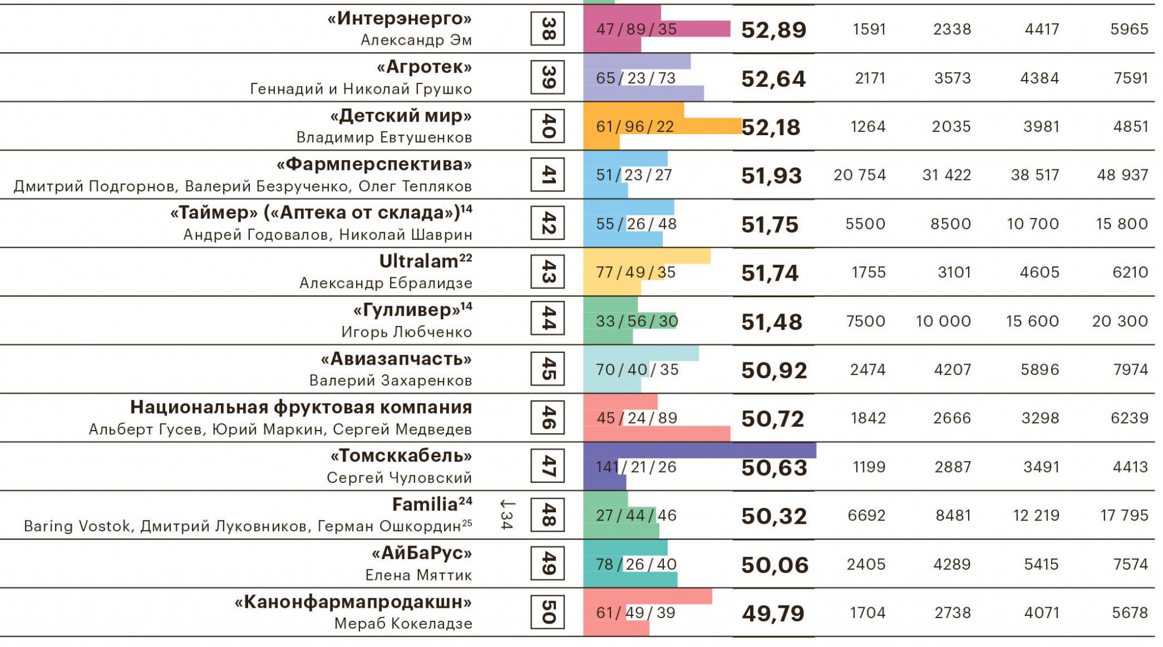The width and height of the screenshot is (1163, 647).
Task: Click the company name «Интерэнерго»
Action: tap(399, 19)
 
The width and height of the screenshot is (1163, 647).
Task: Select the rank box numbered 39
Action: tap(547, 77)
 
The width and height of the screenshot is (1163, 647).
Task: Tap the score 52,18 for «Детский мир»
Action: tap(771, 127)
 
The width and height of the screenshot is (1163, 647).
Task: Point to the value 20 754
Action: tap(859, 175)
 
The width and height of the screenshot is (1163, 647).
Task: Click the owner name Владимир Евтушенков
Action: tap(384, 137)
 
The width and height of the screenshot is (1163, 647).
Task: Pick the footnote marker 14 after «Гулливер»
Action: tap(466, 306)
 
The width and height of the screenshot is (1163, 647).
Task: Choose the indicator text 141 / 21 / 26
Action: tap(636, 467)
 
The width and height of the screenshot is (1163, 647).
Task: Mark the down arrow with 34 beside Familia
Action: tap(507, 515)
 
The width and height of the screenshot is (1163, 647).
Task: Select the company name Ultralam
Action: tap(419, 262)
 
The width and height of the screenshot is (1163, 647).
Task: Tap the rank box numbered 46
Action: tap(547, 418)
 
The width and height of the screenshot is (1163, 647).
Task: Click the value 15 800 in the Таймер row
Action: tap(1122, 224)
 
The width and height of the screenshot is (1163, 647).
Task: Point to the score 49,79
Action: tap(773, 613)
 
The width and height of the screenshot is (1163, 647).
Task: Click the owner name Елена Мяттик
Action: tap(419, 575)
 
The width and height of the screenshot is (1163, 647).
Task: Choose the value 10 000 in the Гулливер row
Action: tap(943, 321)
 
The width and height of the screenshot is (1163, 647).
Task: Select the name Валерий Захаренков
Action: tap(390, 381)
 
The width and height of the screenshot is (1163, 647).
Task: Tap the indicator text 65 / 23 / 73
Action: tap(636, 78)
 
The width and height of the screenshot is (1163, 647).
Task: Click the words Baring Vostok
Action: tap(77, 527)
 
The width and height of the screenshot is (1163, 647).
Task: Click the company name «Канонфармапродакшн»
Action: tap(353, 602)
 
